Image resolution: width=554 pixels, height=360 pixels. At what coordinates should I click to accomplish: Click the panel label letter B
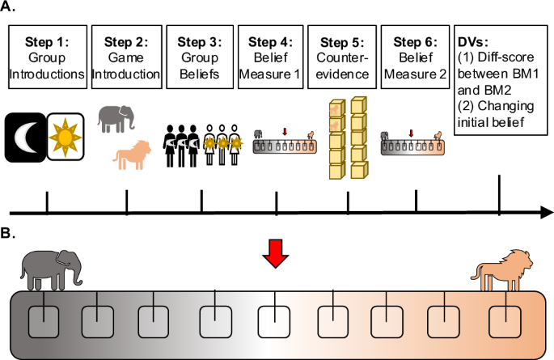[10, 232]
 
